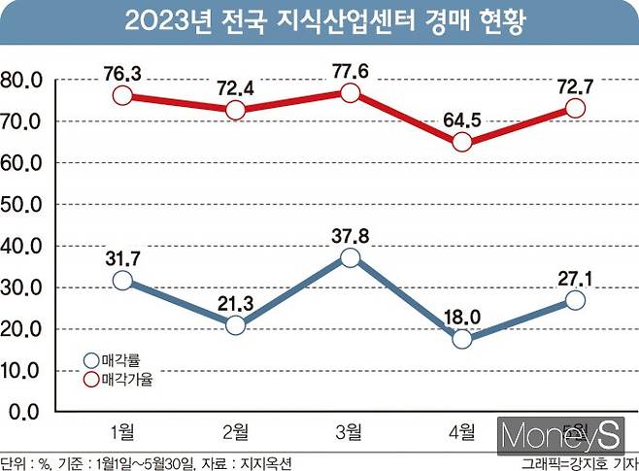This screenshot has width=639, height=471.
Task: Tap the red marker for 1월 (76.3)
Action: click(x=122, y=95)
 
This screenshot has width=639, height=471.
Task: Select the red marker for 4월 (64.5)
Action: click(x=462, y=142)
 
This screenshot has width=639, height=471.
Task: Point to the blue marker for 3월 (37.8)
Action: click(x=350, y=257)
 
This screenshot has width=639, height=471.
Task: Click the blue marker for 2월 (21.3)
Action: click(x=235, y=325)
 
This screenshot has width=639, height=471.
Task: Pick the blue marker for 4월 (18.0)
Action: click(x=462, y=339)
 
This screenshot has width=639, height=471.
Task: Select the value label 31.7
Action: click(x=122, y=256)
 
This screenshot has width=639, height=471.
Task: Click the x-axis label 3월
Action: click(x=350, y=431)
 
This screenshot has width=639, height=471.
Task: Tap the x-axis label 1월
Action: click(x=122, y=431)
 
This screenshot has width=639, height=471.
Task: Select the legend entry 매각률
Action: click(x=121, y=360)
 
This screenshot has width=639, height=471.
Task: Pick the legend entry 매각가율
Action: click(x=126, y=380)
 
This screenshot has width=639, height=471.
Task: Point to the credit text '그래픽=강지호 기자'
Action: click(x=578, y=462)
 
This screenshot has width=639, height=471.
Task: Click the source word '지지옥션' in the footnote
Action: click(x=265, y=462)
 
